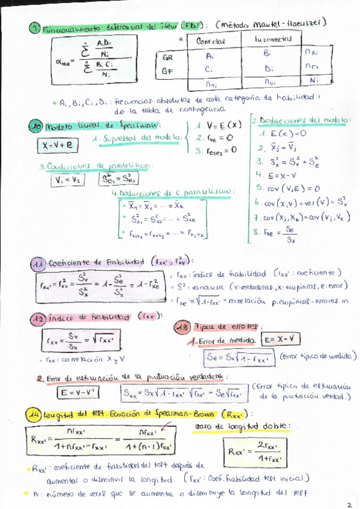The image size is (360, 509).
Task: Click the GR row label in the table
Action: click(168, 58)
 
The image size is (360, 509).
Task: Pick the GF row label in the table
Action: click(168, 71)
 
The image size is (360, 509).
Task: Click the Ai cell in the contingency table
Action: click(209, 55)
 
